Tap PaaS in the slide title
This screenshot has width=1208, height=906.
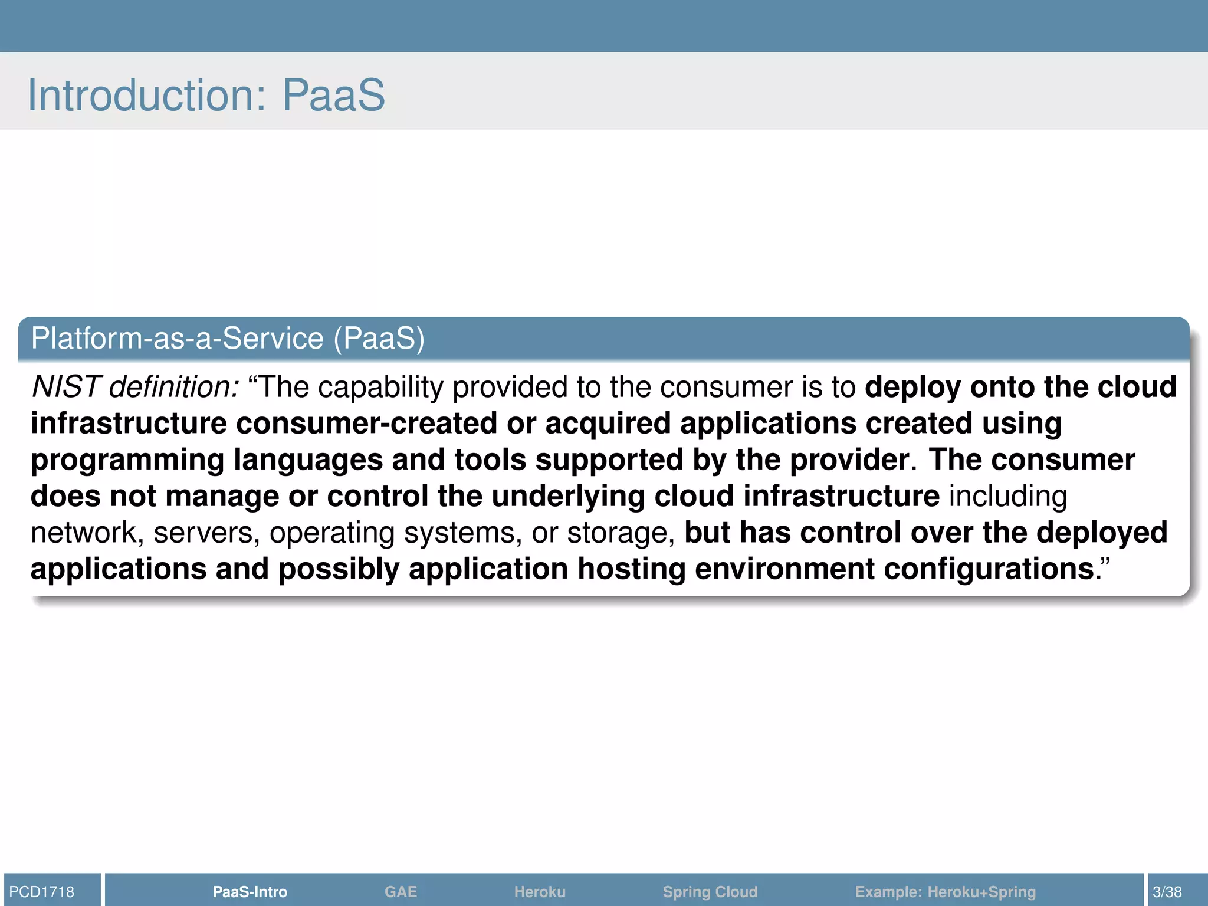coord(333,95)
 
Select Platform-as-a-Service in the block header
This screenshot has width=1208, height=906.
coord(177,339)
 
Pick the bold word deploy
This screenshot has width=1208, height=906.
coord(913,388)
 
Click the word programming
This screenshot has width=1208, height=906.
coord(127,461)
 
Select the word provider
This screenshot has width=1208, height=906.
coord(850,460)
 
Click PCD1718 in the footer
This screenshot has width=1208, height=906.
coord(42,892)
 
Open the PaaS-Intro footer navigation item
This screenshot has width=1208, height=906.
coord(250,892)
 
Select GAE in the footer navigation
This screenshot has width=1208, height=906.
coord(401,892)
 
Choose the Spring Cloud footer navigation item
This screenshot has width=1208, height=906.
coord(710,892)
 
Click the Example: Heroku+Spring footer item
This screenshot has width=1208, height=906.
coord(946,892)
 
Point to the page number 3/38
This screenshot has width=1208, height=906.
coord(1167,892)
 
